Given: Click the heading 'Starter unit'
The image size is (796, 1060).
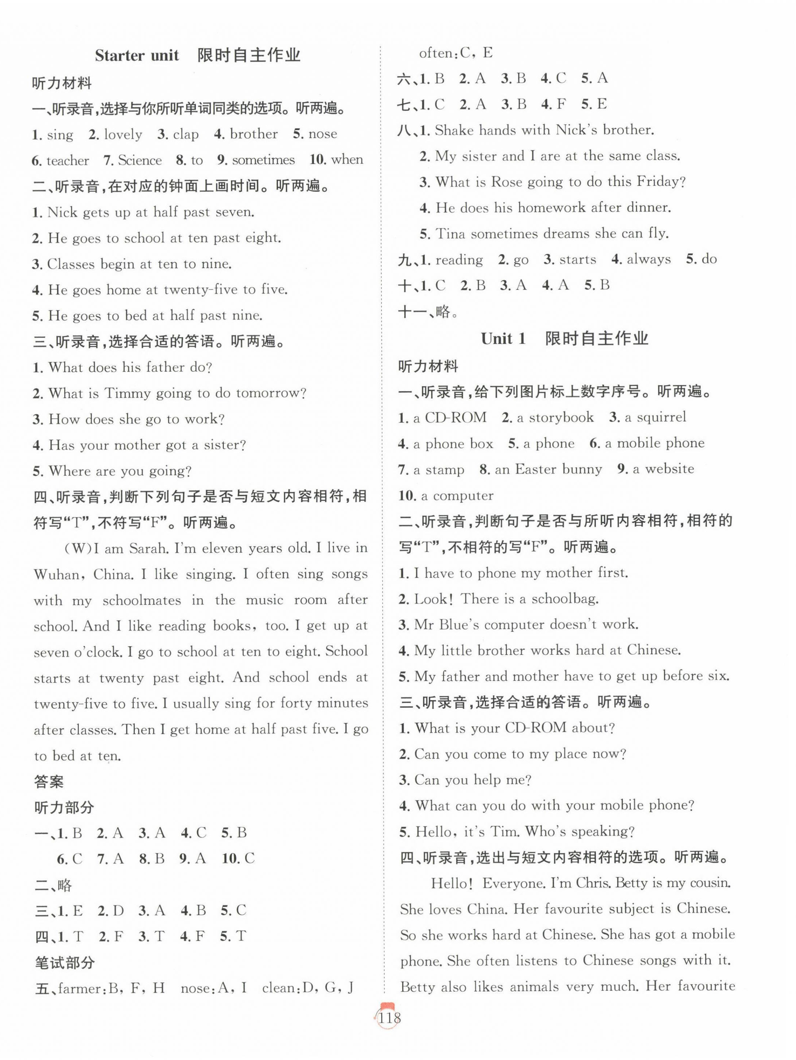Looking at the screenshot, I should pos(137,56).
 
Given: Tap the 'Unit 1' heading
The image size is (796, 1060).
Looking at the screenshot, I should pos(503,339).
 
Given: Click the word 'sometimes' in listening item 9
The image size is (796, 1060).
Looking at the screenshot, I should pos(263,160).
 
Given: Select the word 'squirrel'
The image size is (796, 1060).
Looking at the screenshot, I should pos(661,417).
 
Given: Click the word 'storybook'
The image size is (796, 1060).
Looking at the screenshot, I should pos(561,417).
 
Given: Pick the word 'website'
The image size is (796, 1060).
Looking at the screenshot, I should pos(670,469).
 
